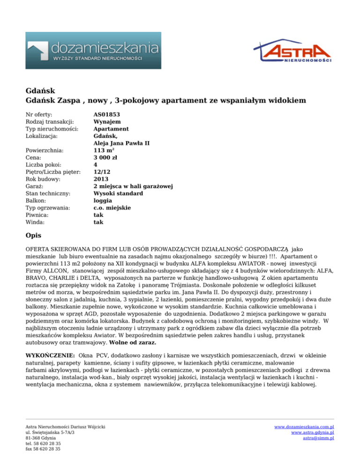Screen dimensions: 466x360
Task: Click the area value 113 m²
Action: pyautogui.click(x=105, y=150)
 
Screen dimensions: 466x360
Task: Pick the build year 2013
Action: pyautogui.click(x=102, y=179)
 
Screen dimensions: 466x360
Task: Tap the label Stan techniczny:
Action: pyautogui.click(x=49, y=194)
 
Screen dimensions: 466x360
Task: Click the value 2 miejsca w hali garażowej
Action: pyautogui.click(x=134, y=187)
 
